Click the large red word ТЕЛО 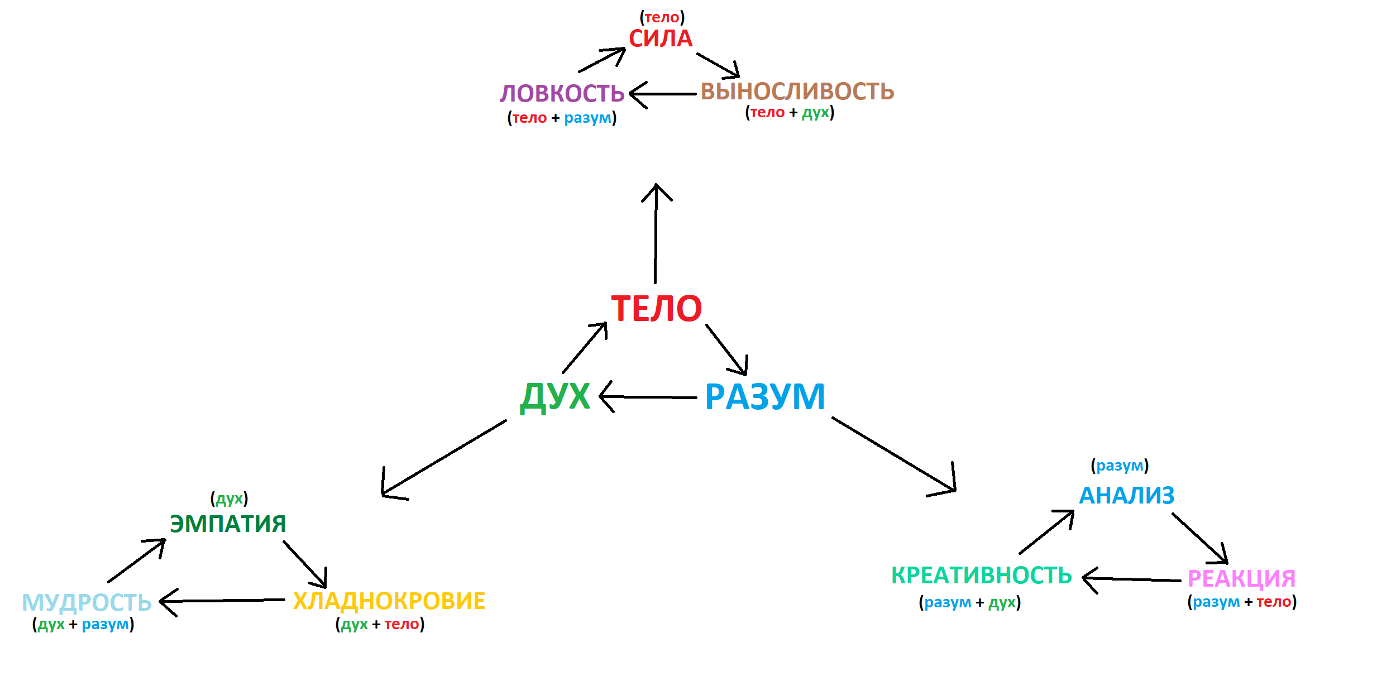[x=656, y=309]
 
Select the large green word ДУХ [x=555, y=396]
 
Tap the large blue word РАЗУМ [x=765, y=397]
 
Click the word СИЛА [x=661, y=39]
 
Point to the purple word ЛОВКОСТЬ [x=562, y=93]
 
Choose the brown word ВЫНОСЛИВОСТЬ [x=797, y=92]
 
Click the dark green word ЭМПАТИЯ [x=228, y=524]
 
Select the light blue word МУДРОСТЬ [x=87, y=602]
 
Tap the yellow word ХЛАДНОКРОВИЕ [x=389, y=601]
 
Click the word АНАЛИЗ [x=1126, y=495]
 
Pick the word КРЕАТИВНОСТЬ [x=981, y=576]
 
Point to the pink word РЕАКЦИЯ [x=1241, y=578]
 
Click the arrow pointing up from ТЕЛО [x=656, y=234]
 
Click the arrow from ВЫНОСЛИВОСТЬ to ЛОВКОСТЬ [x=664, y=94]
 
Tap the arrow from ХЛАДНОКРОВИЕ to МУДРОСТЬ [x=223, y=601]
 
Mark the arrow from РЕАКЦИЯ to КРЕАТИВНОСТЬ [x=1134, y=579]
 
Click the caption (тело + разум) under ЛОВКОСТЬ [x=562, y=118]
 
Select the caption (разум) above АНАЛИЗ [x=1120, y=466]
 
